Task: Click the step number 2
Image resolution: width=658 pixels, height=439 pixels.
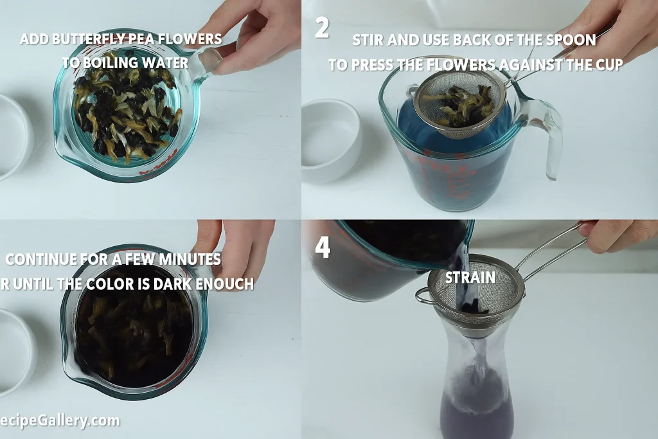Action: [x=322, y=28]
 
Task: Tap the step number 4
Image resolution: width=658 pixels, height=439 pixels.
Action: [x=322, y=247]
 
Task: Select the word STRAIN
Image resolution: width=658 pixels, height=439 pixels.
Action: [x=470, y=278]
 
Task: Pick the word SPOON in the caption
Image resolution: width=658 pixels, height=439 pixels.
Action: [x=573, y=40]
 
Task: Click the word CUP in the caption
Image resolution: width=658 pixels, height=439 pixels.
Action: [x=608, y=65]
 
